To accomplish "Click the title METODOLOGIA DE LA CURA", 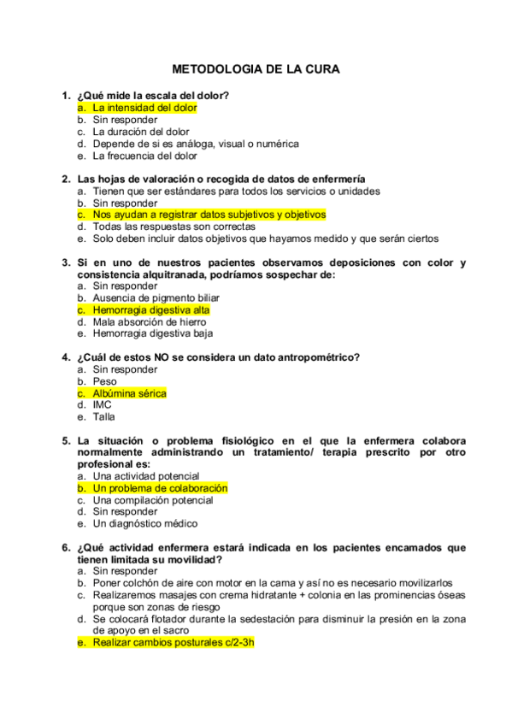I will pyautogui.click(x=256, y=69).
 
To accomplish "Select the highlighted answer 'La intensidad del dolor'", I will pyautogui.click(x=144, y=109).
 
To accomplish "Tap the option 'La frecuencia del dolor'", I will pyautogui.click(x=144, y=156).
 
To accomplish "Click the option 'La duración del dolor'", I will pyautogui.click(x=141, y=133).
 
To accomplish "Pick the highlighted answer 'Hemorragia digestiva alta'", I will pyautogui.click(x=150, y=310).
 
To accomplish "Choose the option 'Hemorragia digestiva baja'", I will pyautogui.click(x=152, y=334).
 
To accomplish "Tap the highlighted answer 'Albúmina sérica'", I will pyautogui.click(x=129, y=393).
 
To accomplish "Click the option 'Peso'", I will pyautogui.click(x=105, y=381).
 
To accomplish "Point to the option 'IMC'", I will pyautogui.click(x=103, y=405).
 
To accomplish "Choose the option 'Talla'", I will pyautogui.click(x=103, y=417).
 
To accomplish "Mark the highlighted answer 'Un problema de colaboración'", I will pyautogui.click(x=160, y=488).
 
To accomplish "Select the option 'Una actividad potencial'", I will pyautogui.click(x=146, y=476).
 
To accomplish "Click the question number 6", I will pyautogui.click(x=65, y=547).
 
